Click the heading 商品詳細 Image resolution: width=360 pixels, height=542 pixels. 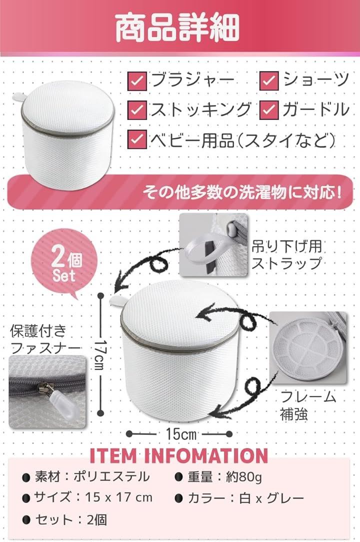point(177,28)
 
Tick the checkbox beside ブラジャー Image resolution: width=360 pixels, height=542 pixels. point(137,80)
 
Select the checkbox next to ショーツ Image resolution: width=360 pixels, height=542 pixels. point(268,80)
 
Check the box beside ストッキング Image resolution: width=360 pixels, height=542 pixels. point(137,109)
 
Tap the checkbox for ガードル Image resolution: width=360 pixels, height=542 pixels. point(268,109)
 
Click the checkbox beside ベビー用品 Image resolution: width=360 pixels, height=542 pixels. point(137,139)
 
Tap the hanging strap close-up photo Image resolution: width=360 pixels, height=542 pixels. point(213,244)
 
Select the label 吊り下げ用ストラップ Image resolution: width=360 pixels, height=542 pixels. point(286,255)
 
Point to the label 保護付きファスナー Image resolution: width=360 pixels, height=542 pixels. point(45,339)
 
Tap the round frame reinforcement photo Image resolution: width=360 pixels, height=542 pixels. point(308,347)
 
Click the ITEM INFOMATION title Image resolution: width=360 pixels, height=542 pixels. point(179,455)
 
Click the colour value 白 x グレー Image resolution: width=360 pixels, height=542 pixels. point(271,498)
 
